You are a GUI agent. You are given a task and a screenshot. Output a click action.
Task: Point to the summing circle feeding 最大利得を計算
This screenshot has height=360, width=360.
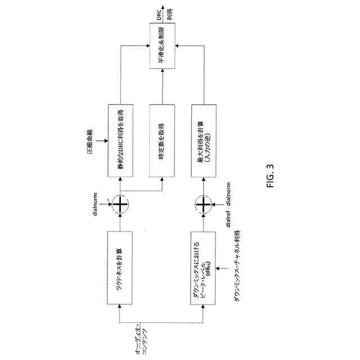tap(204, 203)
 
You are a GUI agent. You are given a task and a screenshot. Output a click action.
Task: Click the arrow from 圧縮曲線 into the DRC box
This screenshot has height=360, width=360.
tap(102, 141)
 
